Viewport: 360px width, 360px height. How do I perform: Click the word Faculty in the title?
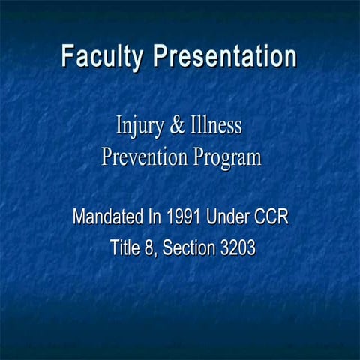(x=103, y=57)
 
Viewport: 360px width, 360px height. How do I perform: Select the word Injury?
(x=136, y=126)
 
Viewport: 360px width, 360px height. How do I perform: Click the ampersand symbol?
(x=177, y=125)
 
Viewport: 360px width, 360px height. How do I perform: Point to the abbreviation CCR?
(x=272, y=218)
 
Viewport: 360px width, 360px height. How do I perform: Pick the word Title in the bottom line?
(x=127, y=247)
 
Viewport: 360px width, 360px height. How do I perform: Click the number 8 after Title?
(x=152, y=247)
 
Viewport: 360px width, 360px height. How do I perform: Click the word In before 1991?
(x=154, y=218)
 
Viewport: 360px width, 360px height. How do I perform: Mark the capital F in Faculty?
(x=67, y=56)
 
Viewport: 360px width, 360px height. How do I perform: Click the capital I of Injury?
(x=118, y=124)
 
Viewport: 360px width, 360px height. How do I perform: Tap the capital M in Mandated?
(x=79, y=218)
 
